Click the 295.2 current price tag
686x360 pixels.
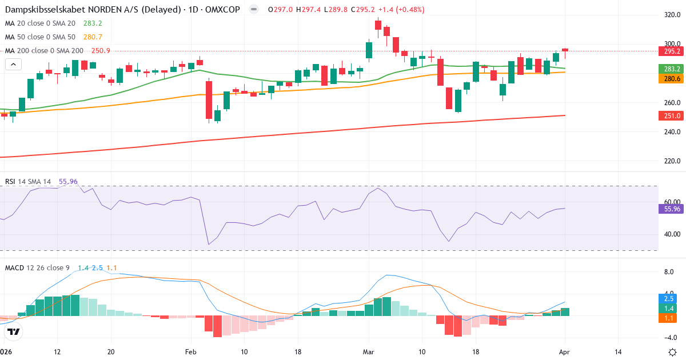coord(672,51)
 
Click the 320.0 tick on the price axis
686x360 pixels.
coord(672,14)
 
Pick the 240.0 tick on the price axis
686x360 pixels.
coord(672,131)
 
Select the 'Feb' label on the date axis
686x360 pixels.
coord(190,351)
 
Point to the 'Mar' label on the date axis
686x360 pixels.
coord(369,351)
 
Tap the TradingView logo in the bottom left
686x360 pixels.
coord(14,331)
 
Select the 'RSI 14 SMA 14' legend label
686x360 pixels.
coord(28,181)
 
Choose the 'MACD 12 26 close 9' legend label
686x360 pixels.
coord(38,267)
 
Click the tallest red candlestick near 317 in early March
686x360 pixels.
coord(378,25)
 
